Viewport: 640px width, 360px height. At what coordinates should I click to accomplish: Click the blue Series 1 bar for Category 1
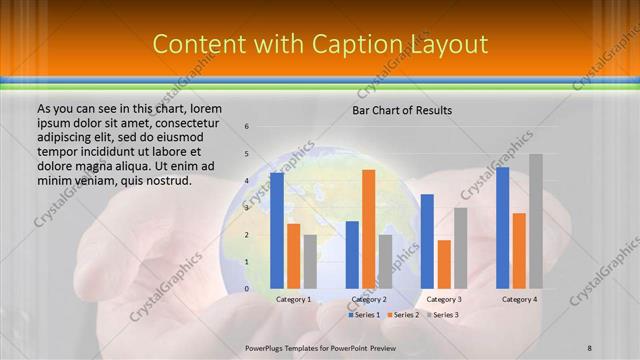point(277,231)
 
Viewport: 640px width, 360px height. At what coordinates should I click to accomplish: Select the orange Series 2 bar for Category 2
point(368,229)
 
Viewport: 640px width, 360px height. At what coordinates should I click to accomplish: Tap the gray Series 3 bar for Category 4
point(536,221)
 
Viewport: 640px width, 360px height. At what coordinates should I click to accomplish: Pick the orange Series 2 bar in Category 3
point(444,264)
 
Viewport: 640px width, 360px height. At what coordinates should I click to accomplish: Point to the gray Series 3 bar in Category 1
point(310,262)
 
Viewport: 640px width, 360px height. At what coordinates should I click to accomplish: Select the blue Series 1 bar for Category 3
point(427,241)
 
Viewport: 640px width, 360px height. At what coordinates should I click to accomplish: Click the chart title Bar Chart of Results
point(402,109)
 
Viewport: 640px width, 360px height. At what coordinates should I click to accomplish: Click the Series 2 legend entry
point(402,315)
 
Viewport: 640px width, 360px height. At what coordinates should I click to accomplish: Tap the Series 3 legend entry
point(442,315)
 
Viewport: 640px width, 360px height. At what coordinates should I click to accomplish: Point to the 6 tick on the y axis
point(247,127)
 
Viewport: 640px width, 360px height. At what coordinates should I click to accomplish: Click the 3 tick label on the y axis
point(247,208)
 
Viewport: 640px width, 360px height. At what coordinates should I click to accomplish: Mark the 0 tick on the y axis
point(247,289)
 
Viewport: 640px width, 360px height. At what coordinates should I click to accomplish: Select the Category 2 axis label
point(368,299)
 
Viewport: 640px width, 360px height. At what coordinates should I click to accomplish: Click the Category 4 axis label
point(519,299)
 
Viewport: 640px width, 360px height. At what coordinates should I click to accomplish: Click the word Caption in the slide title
point(357,44)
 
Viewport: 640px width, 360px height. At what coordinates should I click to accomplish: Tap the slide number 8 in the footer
point(590,347)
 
